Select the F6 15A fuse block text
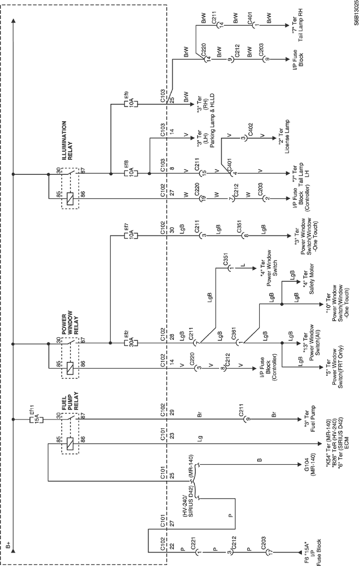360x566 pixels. point(313,551)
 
